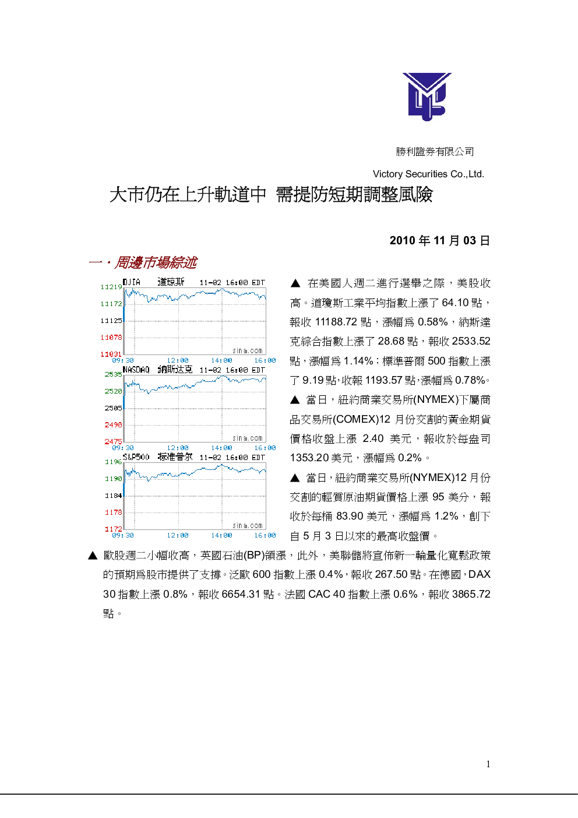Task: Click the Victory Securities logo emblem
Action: click(x=427, y=96)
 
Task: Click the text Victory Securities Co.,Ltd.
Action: click(x=428, y=174)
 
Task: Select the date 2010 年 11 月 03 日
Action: click(x=440, y=240)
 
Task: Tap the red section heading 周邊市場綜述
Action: click(x=156, y=262)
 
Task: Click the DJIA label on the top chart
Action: click(x=131, y=282)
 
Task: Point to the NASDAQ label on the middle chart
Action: click(x=136, y=370)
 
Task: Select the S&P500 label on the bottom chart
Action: click(x=136, y=457)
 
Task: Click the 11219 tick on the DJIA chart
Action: click(x=111, y=287)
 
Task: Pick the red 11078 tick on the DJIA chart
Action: click(x=111, y=337)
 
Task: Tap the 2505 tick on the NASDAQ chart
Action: click(x=114, y=408)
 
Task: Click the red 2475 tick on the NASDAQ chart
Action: click(x=114, y=441)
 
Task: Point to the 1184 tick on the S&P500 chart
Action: click(x=114, y=496)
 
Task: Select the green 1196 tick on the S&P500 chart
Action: click(x=114, y=462)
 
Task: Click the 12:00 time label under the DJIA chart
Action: click(x=178, y=360)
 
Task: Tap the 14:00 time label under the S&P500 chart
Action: click(x=221, y=535)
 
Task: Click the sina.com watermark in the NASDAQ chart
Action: click(x=248, y=438)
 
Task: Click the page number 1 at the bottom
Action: click(x=488, y=764)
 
